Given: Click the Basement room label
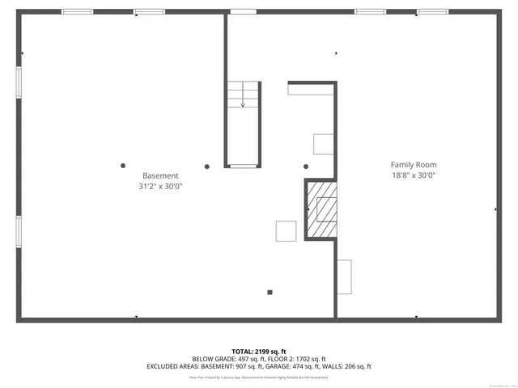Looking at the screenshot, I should tap(160, 175).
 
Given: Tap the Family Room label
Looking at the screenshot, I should tap(414, 164).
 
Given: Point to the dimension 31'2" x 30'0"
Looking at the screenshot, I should tap(160, 187).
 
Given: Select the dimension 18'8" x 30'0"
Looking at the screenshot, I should tap(414, 175).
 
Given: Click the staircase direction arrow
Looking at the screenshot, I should tap(242, 103).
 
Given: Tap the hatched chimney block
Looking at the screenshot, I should tap(322, 210).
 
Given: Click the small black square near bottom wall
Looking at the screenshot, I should tap(270, 293).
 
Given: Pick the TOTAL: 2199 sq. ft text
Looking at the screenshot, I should tap(258, 352).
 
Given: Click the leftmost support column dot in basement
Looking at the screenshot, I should tap(123, 166).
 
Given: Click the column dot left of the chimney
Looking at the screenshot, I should tap(306, 167).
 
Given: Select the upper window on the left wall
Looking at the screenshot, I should tap(19, 82).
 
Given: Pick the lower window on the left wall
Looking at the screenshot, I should tap(19, 230).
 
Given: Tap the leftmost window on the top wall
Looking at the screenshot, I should tap(77, 11).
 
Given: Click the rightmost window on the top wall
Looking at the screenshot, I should tap(432, 11).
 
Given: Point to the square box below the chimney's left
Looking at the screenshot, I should tap(286, 231).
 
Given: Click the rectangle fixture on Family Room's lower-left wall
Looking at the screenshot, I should tap(345, 276).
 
